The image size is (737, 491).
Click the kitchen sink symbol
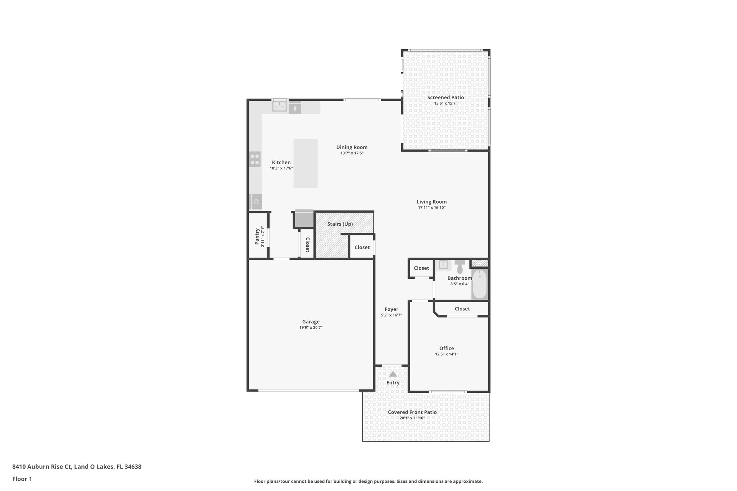(x=279, y=106)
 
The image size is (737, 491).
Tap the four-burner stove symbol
(x=255, y=159)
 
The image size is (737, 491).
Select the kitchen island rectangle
(x=305, y=163)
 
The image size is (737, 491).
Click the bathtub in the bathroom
(x=479, y=285)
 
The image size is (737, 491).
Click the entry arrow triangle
(x=393, y=374)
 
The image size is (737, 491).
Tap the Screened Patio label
(x=446, y=97)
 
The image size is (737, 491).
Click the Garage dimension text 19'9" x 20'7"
(x=311, y=328)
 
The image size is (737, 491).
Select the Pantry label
(x=257, y=236)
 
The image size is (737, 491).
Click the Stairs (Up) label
(x=340, y=224)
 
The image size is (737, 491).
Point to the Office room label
(x=446, y=348)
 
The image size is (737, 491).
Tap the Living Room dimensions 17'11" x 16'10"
(x=431, y=208)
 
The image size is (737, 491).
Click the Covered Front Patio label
(x=412, y=412)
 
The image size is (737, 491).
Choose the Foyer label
(x=391, y=309)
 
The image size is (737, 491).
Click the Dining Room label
(x=352, y=147)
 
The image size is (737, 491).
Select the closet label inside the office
(x=462, y=309)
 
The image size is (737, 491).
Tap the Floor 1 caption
(x=22, y=479)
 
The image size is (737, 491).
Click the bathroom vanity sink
(x=443, y=265)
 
